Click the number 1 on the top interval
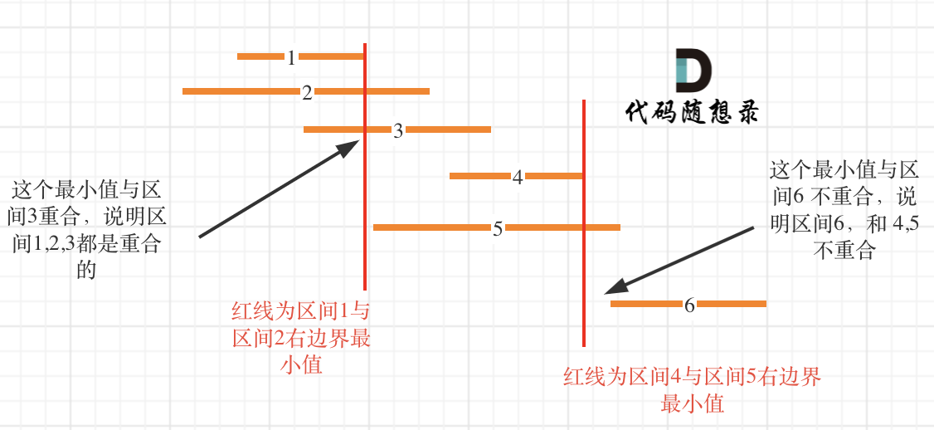point(291,57)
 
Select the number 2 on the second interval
point(307,92)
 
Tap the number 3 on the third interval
point(398,130)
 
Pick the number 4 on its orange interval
point(518,177)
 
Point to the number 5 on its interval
point(498,228)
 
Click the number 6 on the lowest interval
point(689,305)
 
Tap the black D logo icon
point(693,71)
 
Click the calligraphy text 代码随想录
point(691,112)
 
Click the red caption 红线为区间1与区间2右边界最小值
point(301,338)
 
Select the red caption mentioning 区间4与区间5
point(692,390)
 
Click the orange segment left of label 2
point(241,91)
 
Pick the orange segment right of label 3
point(449,129)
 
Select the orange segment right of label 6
point(732,304)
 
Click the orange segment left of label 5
point(431,227)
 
